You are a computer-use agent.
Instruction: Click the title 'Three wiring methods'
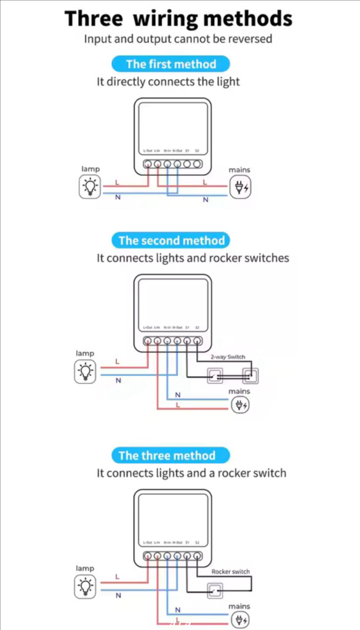[x=178, y=18]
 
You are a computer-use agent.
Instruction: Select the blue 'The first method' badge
[x=170, y=64]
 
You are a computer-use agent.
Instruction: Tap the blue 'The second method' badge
[x=170, y=241]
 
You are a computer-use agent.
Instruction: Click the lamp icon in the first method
[x=90, y=186]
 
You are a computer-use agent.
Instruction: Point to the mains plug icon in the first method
[x=240, y=188]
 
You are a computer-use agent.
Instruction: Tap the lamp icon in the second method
[x=86, y=372]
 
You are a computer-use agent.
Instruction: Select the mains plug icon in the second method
[x=240, y=405]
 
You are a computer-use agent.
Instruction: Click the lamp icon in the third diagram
[x=86, y=587]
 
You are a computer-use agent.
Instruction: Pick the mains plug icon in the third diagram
[x=240, y=620]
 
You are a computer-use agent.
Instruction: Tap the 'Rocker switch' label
[x=231, y=572]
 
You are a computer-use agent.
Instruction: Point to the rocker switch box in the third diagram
[x=215, y=591]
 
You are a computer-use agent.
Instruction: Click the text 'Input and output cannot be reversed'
[x=178, y=39]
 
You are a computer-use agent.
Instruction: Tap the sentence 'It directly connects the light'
[x=168, y=81]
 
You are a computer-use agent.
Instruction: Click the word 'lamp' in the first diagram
[x=90, y=169]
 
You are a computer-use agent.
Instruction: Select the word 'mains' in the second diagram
[x=239, y=391]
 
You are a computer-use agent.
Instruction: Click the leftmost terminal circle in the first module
[x=148, y=164]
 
